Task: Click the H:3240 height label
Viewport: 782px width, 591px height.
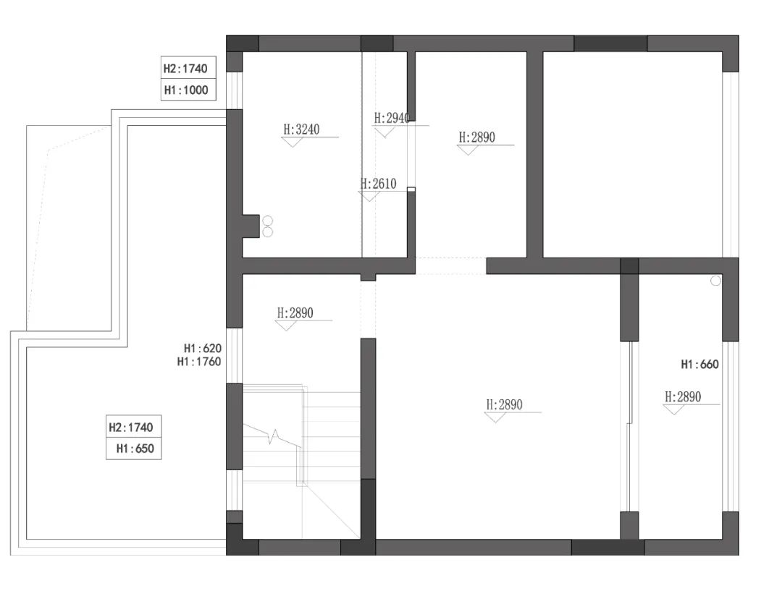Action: pyautogui.click(x=301, y=129)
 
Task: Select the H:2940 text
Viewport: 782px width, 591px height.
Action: pyautogui.click(x=392, y=118)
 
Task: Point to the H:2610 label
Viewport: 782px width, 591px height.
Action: pyautogui.click(x=379, y=184)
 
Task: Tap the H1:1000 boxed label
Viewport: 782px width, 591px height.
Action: pyautogui.click(x=186, y=90)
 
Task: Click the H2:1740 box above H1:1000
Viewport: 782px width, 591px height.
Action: pyautogui.click(x=186, y=69)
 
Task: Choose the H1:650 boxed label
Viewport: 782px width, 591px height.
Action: pyautogui.click(x=135, y=448)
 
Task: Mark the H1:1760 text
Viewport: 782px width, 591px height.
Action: pyautogui.click(x=199, y=362)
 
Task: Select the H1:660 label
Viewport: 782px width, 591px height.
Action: pyautogui.click(x=699, y=365)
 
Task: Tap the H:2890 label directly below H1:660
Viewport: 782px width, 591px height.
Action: pyautogui.click(x=683, y=396)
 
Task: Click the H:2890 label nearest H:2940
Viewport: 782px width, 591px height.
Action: pyautogui.click(x=477, y=137)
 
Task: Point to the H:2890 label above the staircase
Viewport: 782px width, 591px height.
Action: pyautogui.click(x=295, y=313)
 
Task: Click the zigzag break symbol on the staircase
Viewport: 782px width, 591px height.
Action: pyautogui.click(x=273, y=436)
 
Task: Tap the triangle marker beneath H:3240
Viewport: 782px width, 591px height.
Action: pyautogui.click(x=293, y=142)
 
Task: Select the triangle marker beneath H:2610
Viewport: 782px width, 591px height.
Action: pyautogui.click(x=369, y=196)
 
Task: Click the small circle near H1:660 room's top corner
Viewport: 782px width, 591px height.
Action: pyautogui.click(x=716, y=281)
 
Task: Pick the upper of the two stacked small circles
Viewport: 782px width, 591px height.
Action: pyautogui.click(x=267, y=220)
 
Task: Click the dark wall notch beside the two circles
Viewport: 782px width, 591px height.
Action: pyautogui.click(x=251, y=226)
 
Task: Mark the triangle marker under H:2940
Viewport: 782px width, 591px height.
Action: pyautogui.click(x=384, y=131)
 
